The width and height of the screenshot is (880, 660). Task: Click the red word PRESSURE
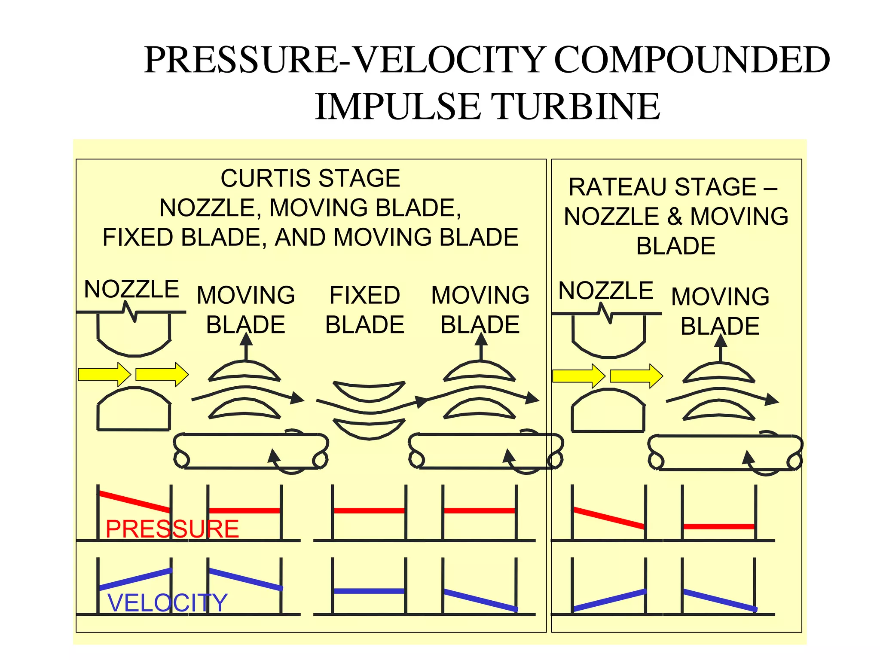172,529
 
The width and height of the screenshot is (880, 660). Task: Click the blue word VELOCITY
167,602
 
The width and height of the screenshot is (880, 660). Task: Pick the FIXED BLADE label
365,310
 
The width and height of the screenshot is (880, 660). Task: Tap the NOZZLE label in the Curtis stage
131,289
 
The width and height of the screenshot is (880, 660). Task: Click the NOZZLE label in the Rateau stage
606,290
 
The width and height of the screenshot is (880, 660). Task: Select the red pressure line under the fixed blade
369,510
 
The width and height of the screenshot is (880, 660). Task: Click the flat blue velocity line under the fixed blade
369,591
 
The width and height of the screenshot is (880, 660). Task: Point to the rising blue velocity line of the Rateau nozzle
609,600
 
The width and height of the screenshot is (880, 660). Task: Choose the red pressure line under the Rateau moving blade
718,526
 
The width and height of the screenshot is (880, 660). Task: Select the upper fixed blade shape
369,390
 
